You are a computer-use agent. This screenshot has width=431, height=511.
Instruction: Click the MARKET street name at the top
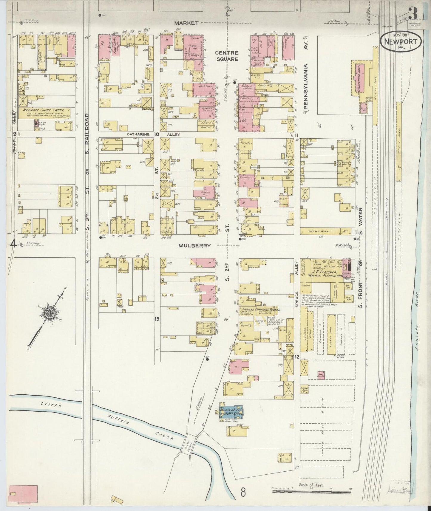[x=186, y=23]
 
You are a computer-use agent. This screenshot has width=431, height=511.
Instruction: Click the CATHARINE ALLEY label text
[x=154, y=134]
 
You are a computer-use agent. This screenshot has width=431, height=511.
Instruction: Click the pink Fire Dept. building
[x=115, y=46]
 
